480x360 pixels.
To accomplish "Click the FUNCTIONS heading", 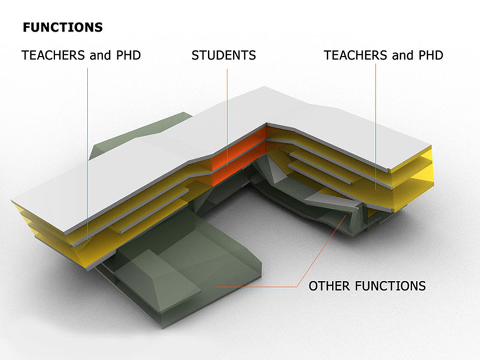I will [x=62, y=28].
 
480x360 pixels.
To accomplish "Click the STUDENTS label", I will [x=224, y=56].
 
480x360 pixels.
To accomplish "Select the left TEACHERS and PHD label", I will [x=81, y=56].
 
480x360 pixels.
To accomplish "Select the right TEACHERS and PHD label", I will [x=383, y=56].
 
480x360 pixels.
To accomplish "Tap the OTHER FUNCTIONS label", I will [x=367, y=286].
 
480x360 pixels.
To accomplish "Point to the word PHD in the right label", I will [x=430, y=56].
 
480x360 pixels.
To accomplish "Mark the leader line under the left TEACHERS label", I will [x=88, y=150].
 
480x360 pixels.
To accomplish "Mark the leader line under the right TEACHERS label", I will [x=377, y=120].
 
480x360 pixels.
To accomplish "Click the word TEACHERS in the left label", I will [x=52, y=56].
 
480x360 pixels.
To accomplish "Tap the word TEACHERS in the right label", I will [x=355, y=56].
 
